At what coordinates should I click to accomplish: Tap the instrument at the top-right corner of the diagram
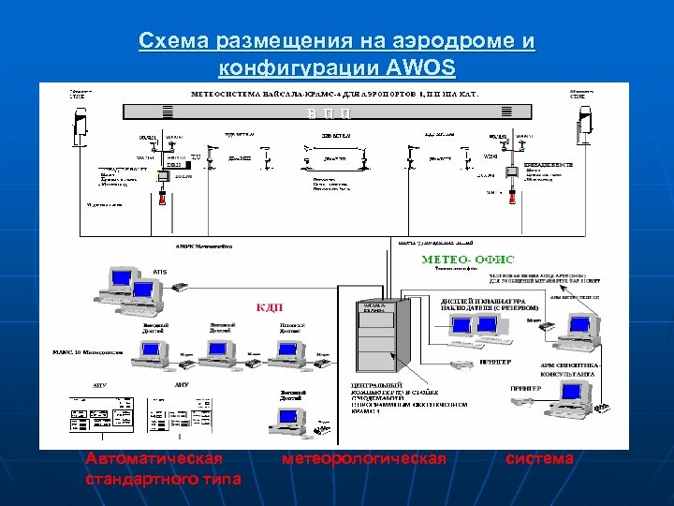[587, 125]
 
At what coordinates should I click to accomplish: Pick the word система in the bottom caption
[539, 459]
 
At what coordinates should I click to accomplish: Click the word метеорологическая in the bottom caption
[364, 459]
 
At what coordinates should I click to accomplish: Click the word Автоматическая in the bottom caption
[154, 459]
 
